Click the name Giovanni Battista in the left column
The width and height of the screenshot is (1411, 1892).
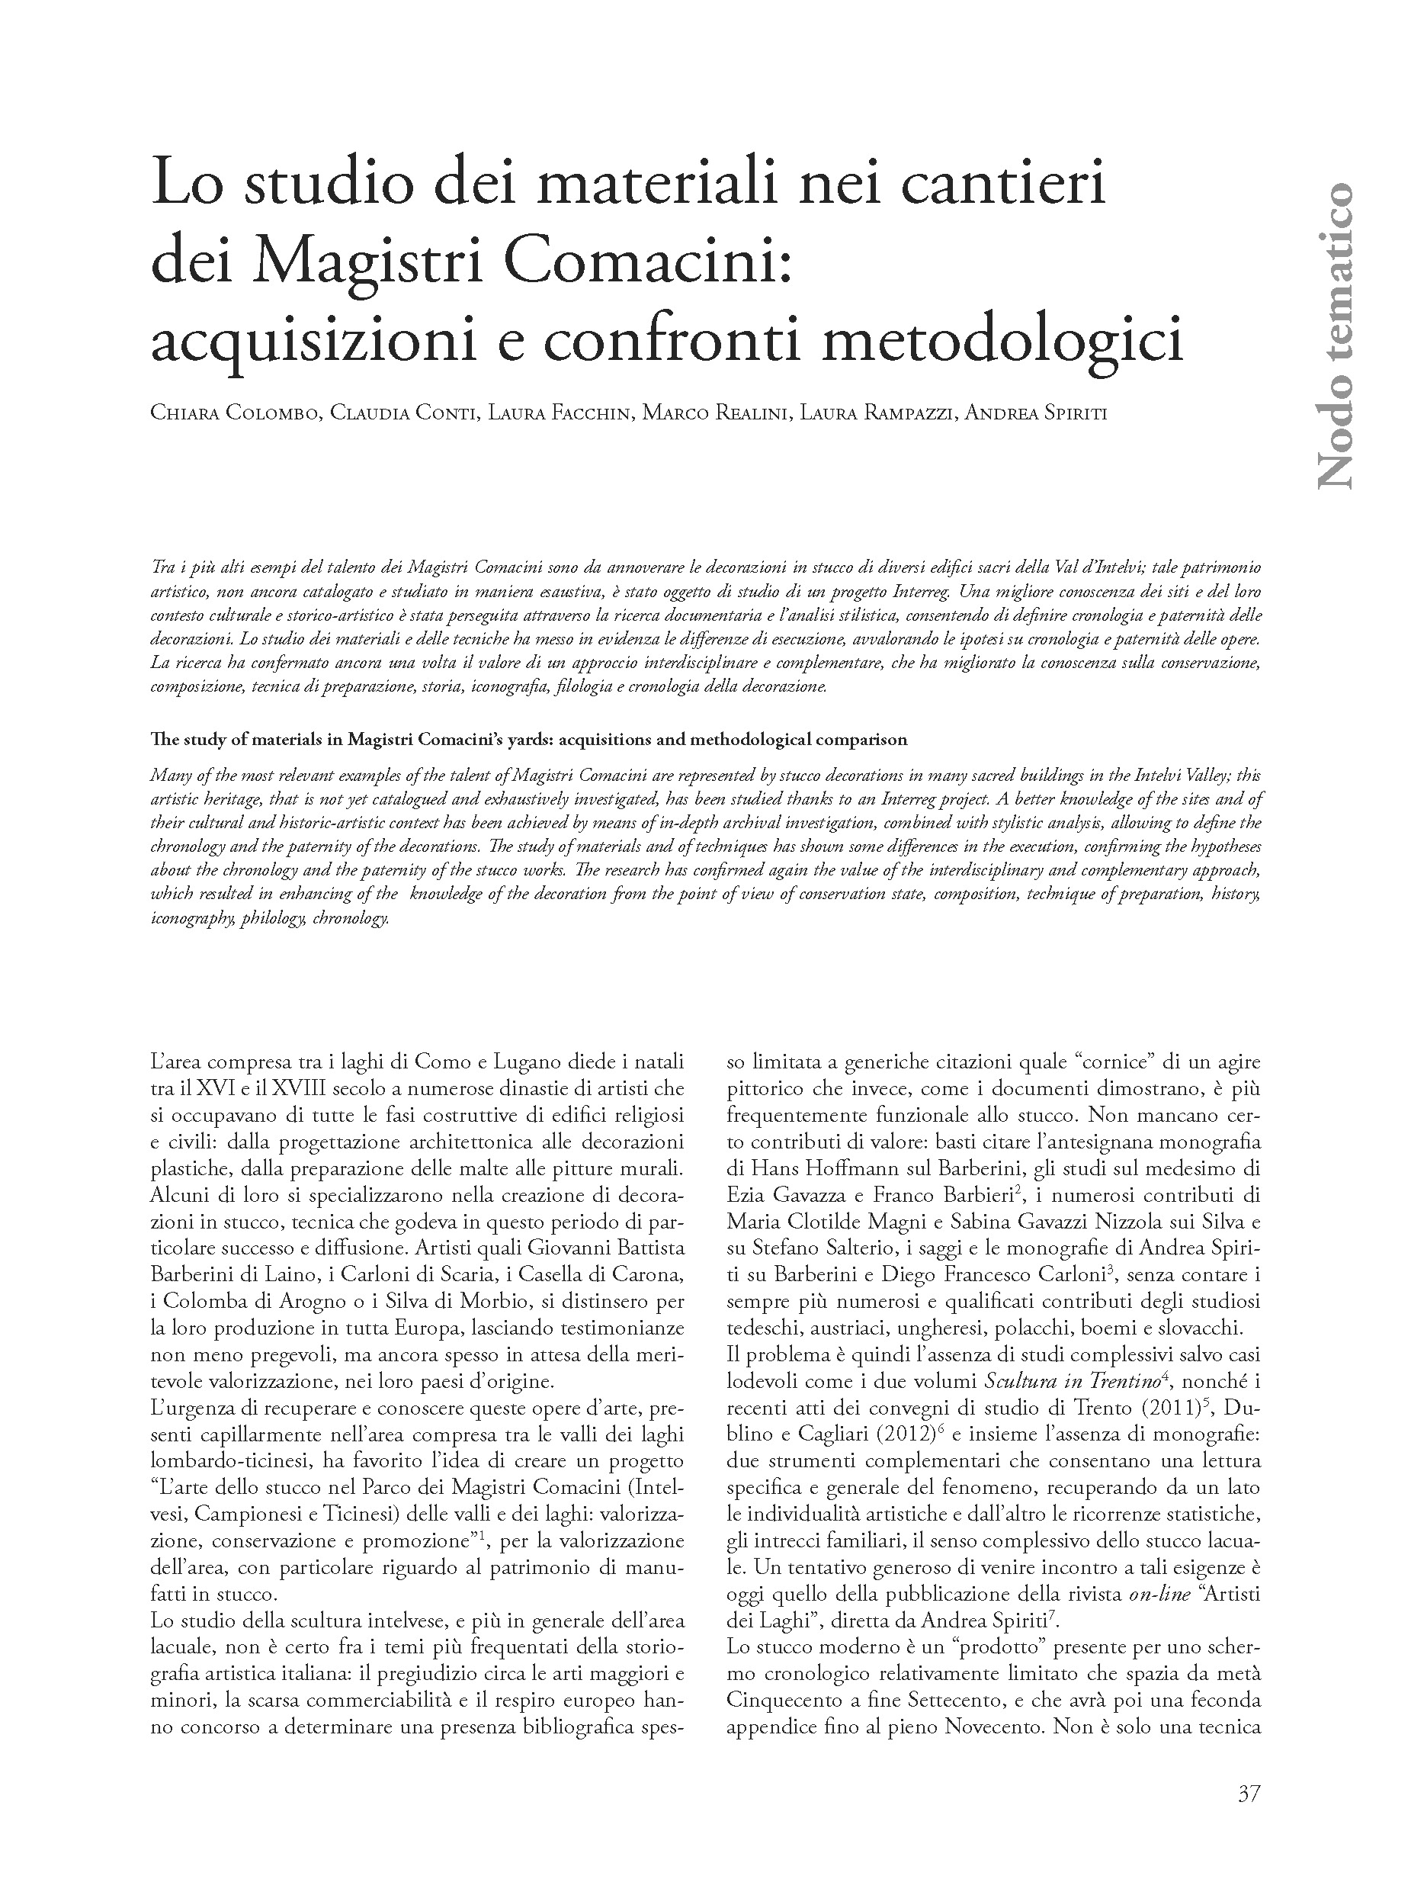590,1248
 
